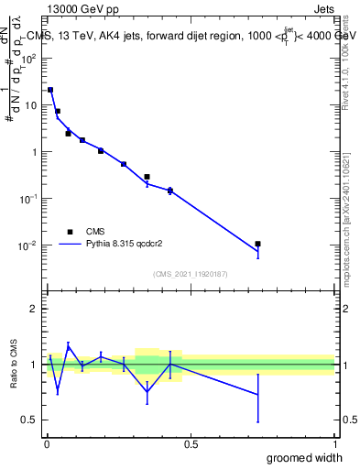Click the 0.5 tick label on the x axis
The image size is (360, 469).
[x=191, y=444]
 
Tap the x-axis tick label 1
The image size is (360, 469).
[x=334, y=444]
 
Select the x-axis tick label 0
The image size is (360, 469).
[x=47, y=444]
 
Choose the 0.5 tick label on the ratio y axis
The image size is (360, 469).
[x=30, y=420]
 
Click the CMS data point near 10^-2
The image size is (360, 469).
[x=258, y=244]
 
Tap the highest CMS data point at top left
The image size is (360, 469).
[x=50, y=90]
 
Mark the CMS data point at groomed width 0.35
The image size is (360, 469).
[x=147, y=177]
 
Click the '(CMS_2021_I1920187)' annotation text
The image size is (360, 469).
[x=190, y=273]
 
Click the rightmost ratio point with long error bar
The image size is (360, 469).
[x=258, y=394]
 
